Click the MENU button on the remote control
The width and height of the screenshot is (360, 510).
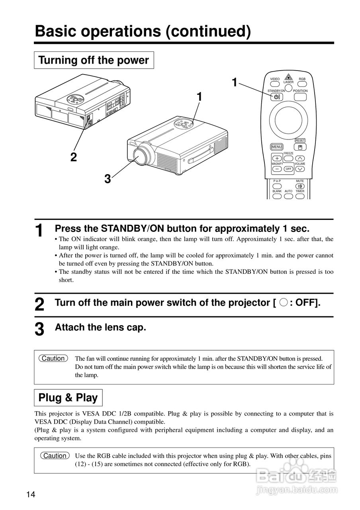point(276,147)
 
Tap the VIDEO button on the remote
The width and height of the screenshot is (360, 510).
point(275,84)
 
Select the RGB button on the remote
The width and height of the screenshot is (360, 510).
point(302,84)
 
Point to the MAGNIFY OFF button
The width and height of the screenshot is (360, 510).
point(289,169)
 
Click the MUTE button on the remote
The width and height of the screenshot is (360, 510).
point(300,186)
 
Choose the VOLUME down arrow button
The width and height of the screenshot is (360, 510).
point(300,169)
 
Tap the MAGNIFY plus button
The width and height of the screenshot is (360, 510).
point(277,159)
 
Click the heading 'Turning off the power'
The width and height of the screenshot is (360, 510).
point(94,60)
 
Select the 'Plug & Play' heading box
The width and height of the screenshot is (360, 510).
point(68,398)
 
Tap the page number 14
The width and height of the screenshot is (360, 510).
point(31,495)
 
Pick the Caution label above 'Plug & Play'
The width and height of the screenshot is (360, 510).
point(53,359)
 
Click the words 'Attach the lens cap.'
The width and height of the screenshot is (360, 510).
point(100,328)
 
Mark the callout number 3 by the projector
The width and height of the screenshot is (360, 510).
point(108,179)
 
